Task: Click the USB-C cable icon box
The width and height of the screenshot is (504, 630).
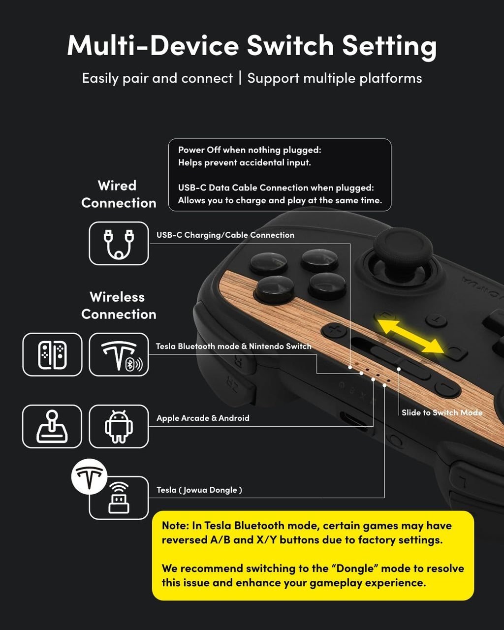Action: click(119, 243)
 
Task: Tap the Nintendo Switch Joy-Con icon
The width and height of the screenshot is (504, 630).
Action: click(52, 354)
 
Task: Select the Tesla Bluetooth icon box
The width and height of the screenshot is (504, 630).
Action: click(119, 354)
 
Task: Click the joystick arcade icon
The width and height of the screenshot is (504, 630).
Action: click(52, 426)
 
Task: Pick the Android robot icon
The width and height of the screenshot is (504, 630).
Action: click(119, 426)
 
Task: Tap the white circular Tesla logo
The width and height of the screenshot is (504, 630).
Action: click(89, 476)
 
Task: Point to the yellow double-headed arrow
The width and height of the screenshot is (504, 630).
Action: click(410, 336)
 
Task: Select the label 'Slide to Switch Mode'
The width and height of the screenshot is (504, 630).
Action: click(441, 412)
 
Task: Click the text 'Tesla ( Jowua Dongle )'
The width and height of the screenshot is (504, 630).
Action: click(199, 490)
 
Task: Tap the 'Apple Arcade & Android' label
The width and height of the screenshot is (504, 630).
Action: click(203, 418)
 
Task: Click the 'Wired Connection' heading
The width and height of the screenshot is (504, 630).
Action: click(118, 194)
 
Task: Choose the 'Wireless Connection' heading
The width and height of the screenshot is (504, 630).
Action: click(118, 305)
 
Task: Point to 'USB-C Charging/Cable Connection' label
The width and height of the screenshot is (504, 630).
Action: click(225, 235)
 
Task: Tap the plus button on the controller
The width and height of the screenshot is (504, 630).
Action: click(335, 329)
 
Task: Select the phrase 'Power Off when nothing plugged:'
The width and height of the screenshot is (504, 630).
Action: click(249, 150)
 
